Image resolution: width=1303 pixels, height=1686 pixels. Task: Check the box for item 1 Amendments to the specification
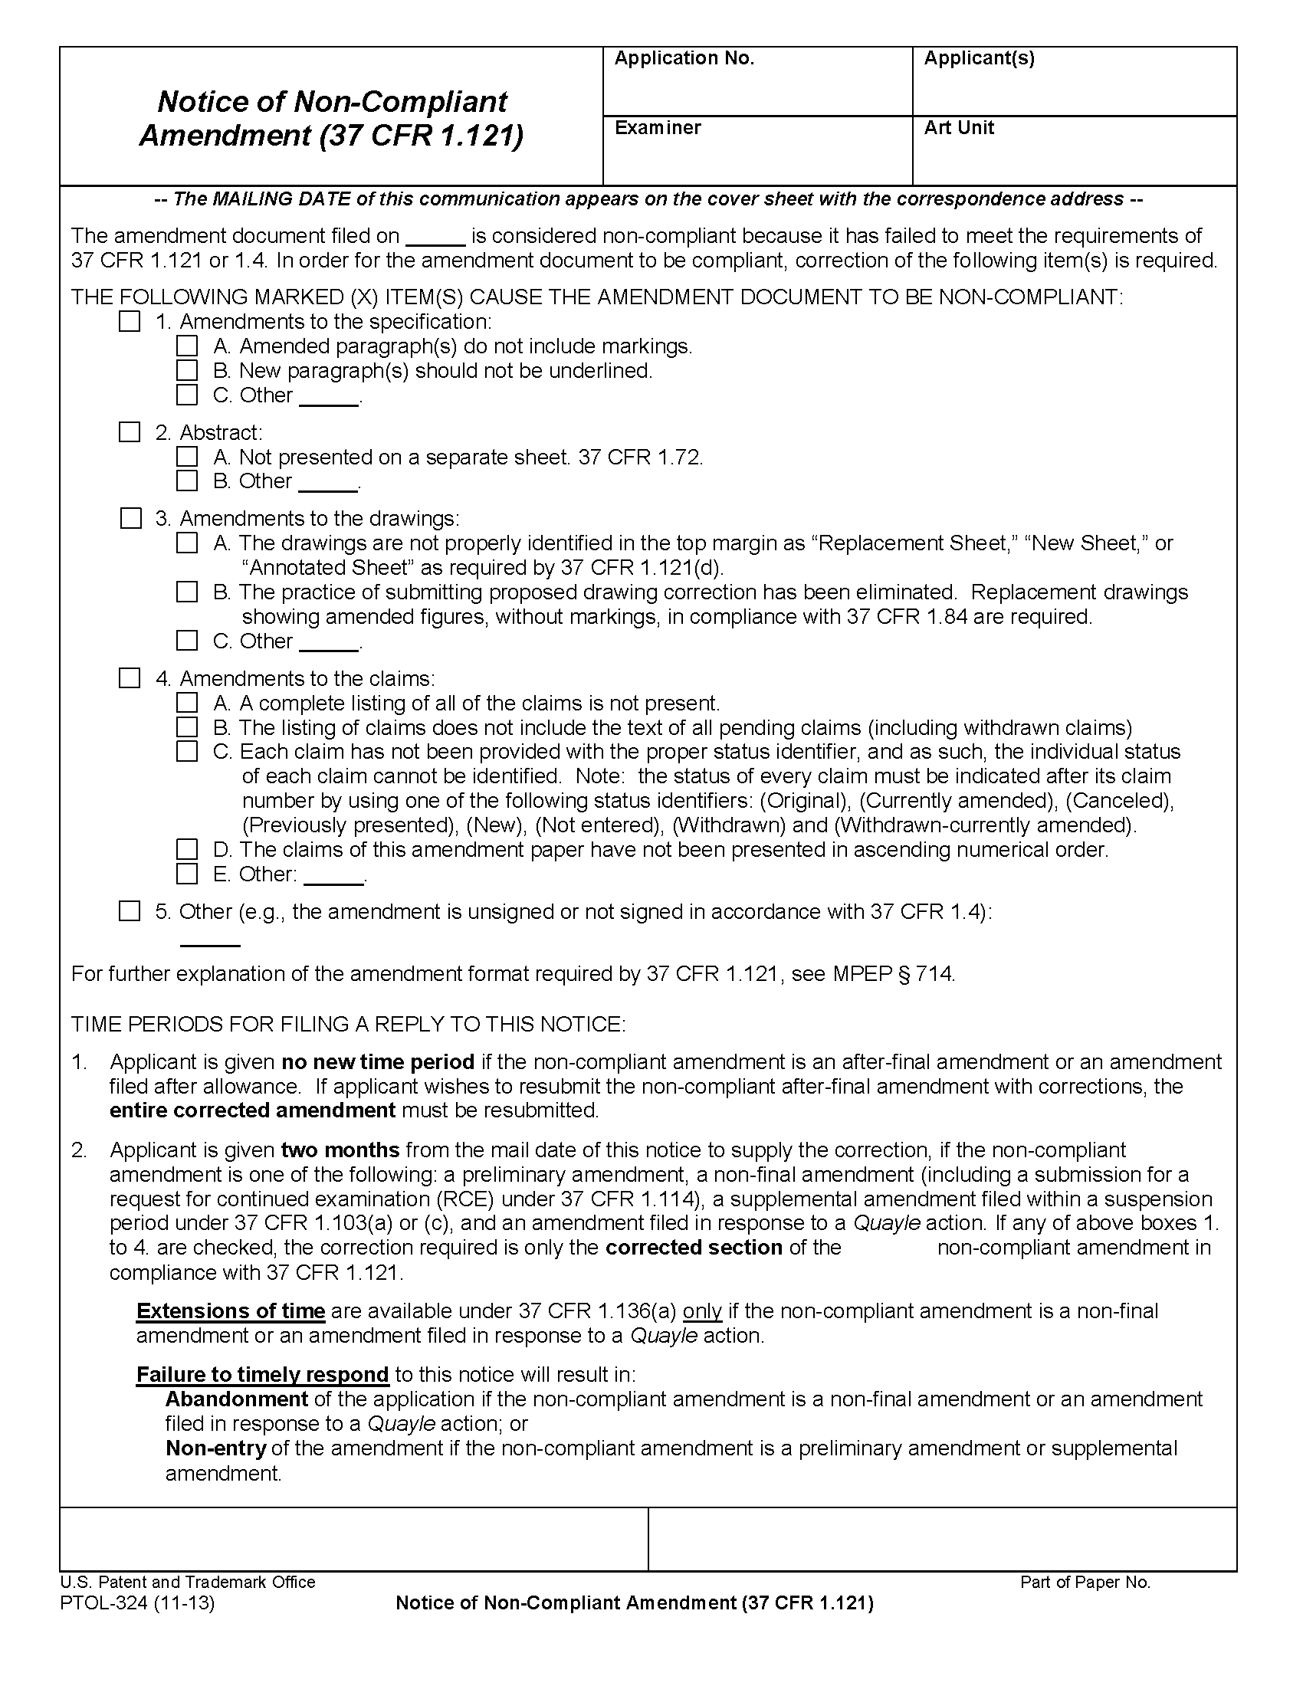click(130, 321)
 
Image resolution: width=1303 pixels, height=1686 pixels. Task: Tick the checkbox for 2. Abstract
click(130, 432)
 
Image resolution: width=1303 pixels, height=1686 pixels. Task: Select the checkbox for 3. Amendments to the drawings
click(131, 518)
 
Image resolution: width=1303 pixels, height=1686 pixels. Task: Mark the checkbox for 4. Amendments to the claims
click(130, 677)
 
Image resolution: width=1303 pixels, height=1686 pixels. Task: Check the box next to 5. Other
click(130, 911)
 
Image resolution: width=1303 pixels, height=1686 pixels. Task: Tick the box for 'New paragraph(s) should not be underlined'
click(187, 371)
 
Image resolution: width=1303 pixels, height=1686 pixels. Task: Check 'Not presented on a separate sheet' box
click(187, 456)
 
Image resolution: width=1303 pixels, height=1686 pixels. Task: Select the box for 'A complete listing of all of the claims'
click(187, 703)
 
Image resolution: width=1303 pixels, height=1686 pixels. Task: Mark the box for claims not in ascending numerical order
click(187, 849)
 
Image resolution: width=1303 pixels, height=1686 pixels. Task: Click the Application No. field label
click(684, 59)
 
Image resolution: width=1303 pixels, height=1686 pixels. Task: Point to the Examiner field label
click(658, 128)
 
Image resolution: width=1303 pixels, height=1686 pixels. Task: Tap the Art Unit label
click(959, 128)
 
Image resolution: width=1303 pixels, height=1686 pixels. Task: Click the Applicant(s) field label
click(979, 59)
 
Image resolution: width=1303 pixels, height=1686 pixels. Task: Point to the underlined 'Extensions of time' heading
click(230, 1311)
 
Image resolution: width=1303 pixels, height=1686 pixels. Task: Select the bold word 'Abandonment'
click(236, 1399)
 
